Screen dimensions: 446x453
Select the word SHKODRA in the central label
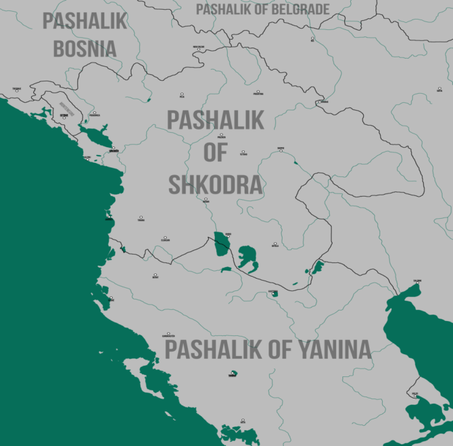click(x=215, y=185)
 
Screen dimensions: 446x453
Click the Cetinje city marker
click(x=64, y=117)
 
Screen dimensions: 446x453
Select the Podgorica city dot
click(x=94, y=113)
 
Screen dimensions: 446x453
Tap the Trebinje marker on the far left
click(x=16, y=90)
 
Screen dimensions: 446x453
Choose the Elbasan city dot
click(x=165, y=238)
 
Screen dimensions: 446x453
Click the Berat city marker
click(x=155, y=275)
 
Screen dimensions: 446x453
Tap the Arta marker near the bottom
click(x=243, y=420)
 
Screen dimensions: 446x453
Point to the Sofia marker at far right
click(x=439, y=89)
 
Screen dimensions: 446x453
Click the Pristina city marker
click(x=258, y=92)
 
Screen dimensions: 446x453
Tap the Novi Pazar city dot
click(x=199, y=48)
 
